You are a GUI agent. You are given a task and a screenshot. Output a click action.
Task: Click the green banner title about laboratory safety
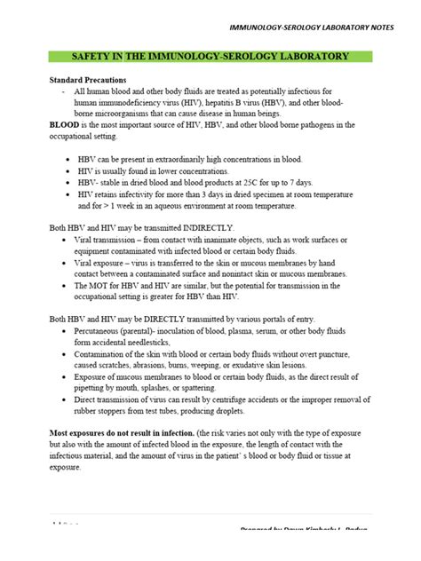210,56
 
